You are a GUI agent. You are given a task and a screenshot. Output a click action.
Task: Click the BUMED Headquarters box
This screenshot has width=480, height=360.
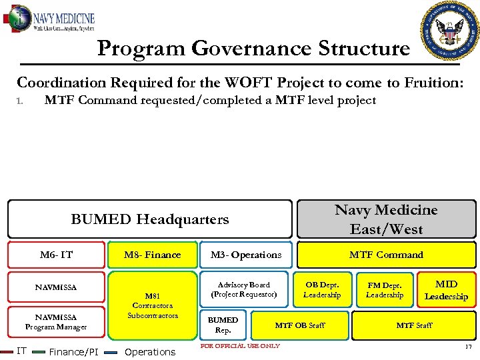coord(150,219)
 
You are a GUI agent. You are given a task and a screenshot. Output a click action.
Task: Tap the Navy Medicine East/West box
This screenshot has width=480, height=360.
coord(386,219)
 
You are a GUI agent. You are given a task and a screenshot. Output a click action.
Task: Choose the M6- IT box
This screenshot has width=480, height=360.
coord(56,255)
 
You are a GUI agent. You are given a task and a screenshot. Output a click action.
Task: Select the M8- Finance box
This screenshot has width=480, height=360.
coord(153,255)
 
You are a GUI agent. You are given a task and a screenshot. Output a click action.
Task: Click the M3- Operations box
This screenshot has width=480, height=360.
coord(246,255)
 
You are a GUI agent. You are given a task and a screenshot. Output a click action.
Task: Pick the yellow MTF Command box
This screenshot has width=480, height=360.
coord(386,255)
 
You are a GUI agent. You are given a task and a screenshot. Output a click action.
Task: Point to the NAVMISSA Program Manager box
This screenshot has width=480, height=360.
coord(56,322)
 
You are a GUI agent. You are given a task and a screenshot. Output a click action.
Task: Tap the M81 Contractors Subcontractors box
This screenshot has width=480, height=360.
coord(153,305)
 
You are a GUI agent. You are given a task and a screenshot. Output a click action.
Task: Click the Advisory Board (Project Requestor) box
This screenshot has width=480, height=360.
coord(244,289)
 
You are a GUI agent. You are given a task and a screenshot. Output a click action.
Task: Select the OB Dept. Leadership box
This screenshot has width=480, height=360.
coord(322,289)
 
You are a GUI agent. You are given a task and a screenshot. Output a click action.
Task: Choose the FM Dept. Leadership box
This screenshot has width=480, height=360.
coord(385,289)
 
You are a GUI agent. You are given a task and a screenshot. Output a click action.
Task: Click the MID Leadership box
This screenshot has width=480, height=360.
coord(446,290)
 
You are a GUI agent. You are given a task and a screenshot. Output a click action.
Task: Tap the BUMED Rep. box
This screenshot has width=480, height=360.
coord(223,325)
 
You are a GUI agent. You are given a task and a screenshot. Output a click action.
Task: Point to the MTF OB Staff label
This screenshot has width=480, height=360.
coord(300,325)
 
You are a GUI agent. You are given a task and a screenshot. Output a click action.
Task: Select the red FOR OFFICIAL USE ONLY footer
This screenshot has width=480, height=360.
coord(240,345)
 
